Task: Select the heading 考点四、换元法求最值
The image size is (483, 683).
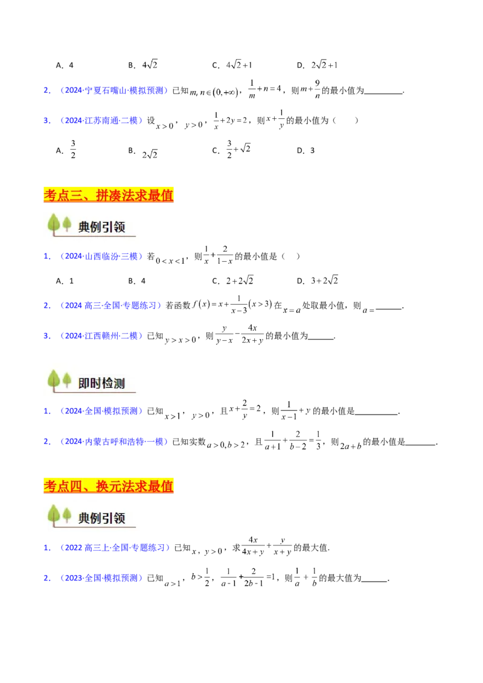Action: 109,486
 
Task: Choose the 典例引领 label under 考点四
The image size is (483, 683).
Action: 101,518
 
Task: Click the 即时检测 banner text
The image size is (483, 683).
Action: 101,383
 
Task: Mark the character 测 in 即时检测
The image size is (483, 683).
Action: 119,383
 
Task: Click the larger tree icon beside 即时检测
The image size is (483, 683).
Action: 54,380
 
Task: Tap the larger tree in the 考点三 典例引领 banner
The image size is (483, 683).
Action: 54,224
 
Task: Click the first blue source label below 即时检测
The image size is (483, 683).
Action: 101,411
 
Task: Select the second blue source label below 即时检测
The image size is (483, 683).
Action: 114,442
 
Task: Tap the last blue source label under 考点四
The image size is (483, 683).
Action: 101,579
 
